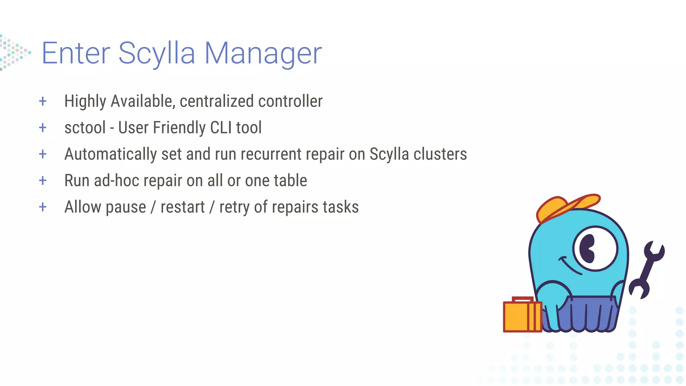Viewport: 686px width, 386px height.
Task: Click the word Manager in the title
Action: (263, 54)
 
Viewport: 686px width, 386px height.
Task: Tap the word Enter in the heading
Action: (76, 54)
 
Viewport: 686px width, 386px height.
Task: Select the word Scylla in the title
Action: (157, 54)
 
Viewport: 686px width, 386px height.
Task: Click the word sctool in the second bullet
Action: (85, 128)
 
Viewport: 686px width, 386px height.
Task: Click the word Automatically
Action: (111, 154)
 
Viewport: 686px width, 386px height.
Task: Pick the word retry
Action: (234, 207)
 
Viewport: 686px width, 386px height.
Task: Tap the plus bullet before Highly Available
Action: (43, 101)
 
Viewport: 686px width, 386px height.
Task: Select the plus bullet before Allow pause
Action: (43, 207)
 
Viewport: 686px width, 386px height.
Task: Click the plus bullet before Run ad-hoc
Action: (43, 181)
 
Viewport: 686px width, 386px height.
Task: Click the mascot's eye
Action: (595, 248)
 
